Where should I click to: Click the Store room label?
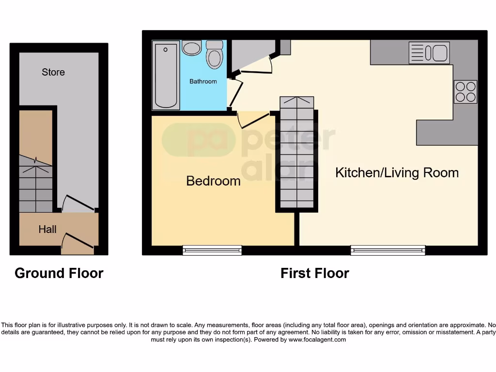(x=53, y=72)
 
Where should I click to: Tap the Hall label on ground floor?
(x=47, y=229)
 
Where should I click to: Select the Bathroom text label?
(x=203, y=81)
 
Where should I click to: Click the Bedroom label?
(x=213, y=181)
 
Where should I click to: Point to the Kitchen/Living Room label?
(x=397, y=172)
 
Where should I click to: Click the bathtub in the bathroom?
(x=166, y=75)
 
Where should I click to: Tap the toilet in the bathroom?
(x=214, y=54)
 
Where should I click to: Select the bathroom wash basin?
(x=192, y=48)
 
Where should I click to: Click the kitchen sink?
(x=429, y=53)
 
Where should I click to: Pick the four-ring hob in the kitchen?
(x=465, y=92)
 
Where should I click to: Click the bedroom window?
(x=212, y=250)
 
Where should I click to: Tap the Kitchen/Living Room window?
(x=388, y=250)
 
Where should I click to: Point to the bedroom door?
(x=253, y=120)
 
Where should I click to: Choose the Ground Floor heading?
(x=59, y=273)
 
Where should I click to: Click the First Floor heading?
(x=315, y=273)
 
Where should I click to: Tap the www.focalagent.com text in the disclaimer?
(x=317, y=340)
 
